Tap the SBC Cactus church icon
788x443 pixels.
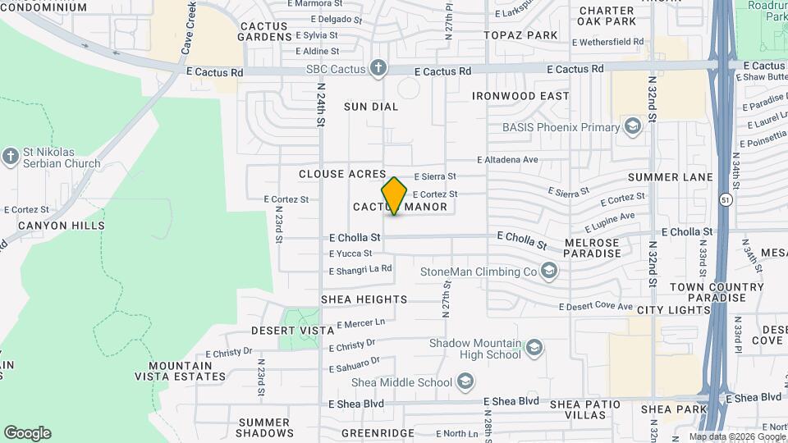pyautogui.click(x=378, y=67)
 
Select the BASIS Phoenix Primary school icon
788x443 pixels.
pyautogui.click(x=632, y=126)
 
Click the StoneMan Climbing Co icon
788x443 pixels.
pyautogui.click(x=549, y=271)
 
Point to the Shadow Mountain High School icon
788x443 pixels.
pyautogui.click(x=535, y=349)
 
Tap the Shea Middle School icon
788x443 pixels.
pyautogui.click(x=465, y=381)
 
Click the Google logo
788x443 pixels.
pyautogui.click(x=27, y=432)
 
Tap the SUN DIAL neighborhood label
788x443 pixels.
pyautogui.click(x=371, y=107)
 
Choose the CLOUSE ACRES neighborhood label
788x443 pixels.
pyautogui.click(x=342, y=174)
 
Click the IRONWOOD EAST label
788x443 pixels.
pyautogui.click(x=520, y=96)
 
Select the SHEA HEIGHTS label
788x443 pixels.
pyautogui.click(x=364, y=299)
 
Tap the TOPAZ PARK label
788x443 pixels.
pyautogui.click(x=520, y=35)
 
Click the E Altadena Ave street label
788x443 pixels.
pyautogui.click(x=507, y=159)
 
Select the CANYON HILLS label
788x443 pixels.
pyautogui.click(x=62, y=226)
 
